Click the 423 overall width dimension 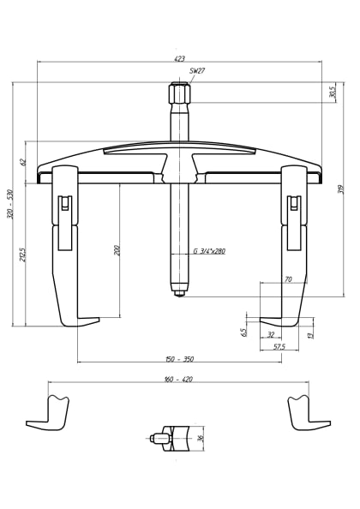(179, 59)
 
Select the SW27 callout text (197, 71)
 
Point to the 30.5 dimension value (332, 92)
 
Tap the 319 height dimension (340, 189)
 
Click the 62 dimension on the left (24, 161)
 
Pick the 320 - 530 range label (10, 204)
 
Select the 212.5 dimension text (23, 255)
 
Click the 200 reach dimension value (117, 250)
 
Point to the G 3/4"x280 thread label (208, 251)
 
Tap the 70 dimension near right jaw (288, 279)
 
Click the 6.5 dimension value (244, 332)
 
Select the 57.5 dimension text (279, 347)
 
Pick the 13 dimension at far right (310, 334)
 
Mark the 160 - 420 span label (177, 379)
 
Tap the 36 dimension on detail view (201, 438)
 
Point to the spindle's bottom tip (179, 293)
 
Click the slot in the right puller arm (294, 206)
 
